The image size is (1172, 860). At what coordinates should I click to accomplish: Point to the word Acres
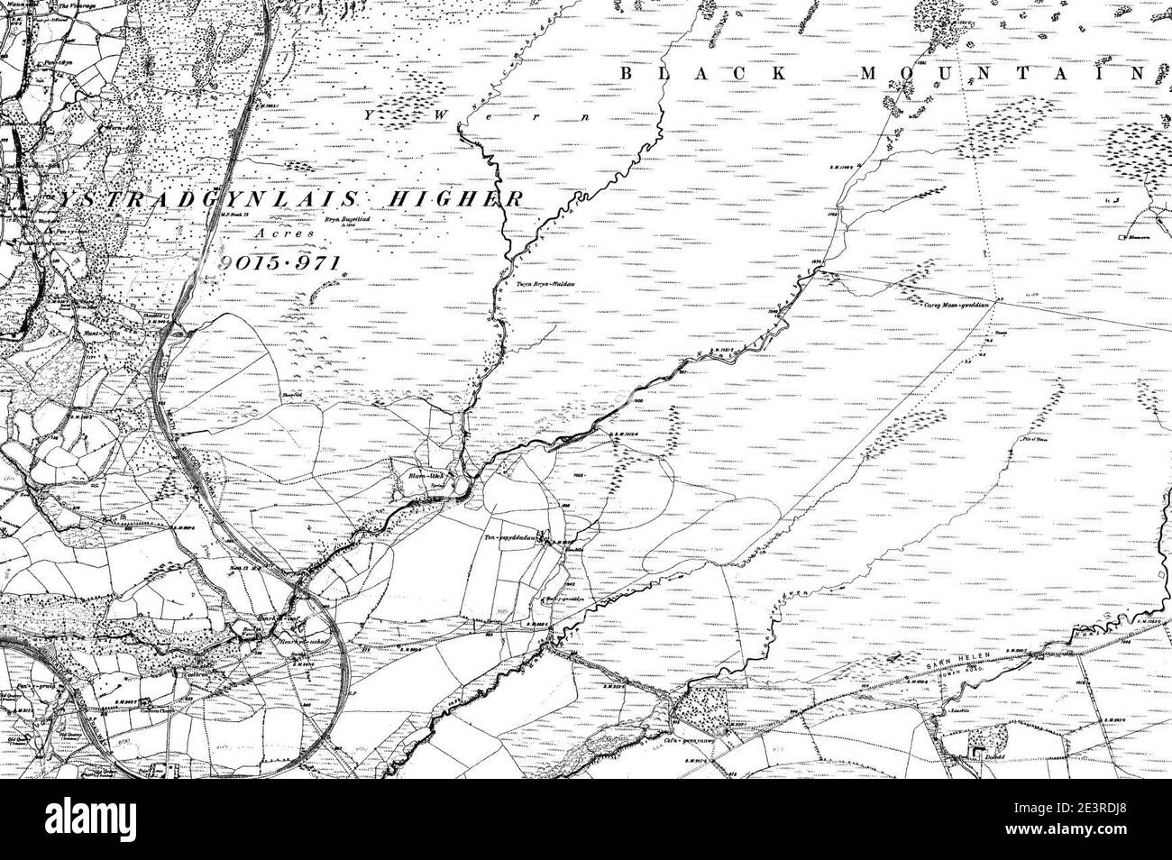pyautogui.click(x=282, y=233)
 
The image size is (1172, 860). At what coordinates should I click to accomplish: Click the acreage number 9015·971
pyautogui.click(x=281, y=263)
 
